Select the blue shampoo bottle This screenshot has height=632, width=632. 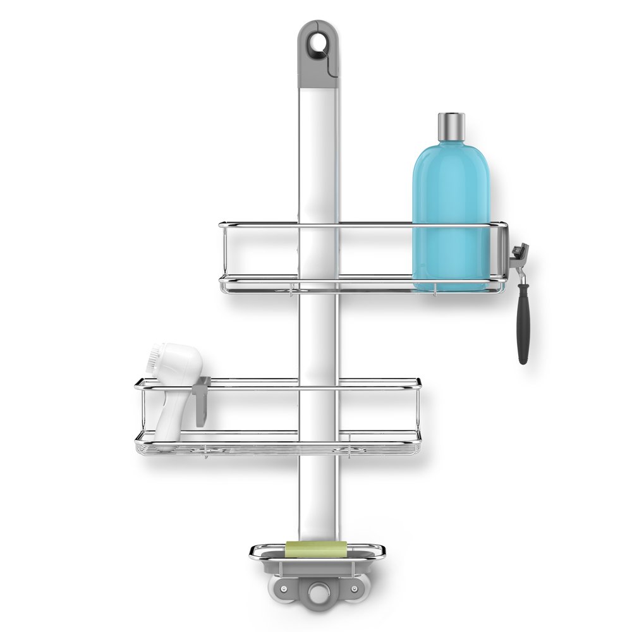tap(451, 209)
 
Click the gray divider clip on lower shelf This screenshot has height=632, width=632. tap(202, 401)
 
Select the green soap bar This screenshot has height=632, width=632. tap(316, 549)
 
